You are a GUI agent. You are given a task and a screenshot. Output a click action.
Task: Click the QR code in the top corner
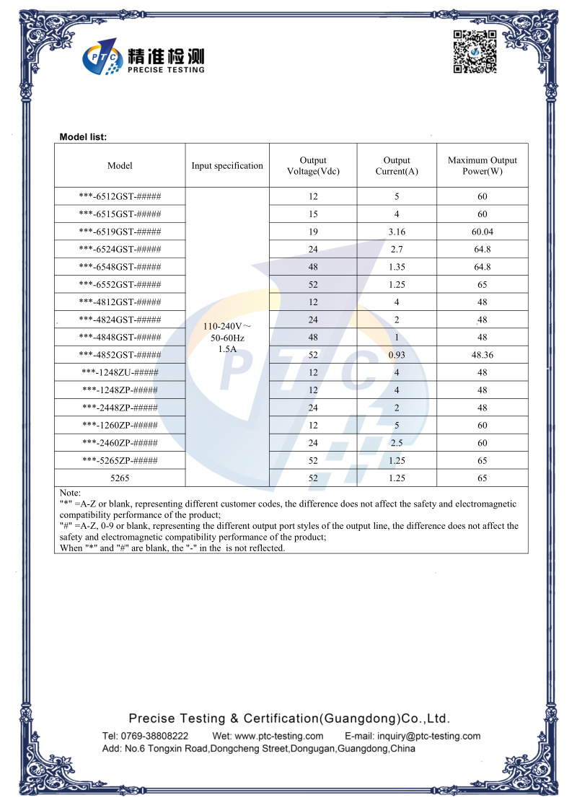pyautogui.click(x=475, y=52)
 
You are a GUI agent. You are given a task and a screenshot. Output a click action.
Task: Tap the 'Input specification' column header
pyautogui.click(x=227, y=166)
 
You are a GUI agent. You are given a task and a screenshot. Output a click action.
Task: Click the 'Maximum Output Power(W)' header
pyautogui.click(x=483, y=166)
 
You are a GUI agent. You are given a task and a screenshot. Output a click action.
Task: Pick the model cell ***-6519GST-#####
pyautogui.click(x=120, y=232)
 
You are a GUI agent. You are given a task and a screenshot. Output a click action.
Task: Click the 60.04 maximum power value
pyautogui.click(x=483, y=232)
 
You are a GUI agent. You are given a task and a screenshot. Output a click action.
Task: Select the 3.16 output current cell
pyautogui.click(x=397, y=232)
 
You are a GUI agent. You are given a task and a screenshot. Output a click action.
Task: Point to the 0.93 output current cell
pyautogui.click(x=397, y=355)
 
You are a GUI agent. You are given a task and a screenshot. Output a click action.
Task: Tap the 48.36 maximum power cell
pyautogui.click(x=483, y=355)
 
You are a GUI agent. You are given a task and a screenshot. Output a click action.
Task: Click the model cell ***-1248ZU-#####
pyautogui.click(x=120, y=372)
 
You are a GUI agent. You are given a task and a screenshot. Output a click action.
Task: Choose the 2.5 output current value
pyautogui.click(x=397, y=443)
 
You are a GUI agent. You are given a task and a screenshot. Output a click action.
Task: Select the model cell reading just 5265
pyautogui.click(x=120, y=478)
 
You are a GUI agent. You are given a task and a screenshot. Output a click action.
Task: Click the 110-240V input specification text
pyautogui.click(x=227, y=327)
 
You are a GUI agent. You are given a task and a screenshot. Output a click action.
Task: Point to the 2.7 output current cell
pyautogui.click(x=397, y=249)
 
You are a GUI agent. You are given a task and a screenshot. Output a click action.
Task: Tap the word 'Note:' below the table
pyautogui.click(x=70, y=493)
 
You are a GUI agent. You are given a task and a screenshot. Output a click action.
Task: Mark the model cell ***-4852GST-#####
pyautogui.click(x=120, y=355)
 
